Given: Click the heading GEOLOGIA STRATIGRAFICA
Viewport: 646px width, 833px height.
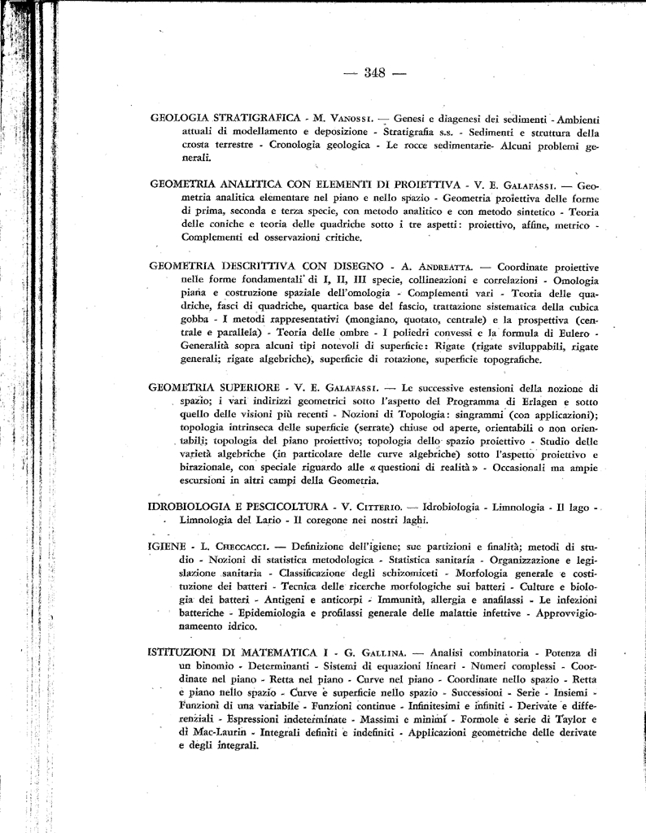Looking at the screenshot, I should coord(222,119).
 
